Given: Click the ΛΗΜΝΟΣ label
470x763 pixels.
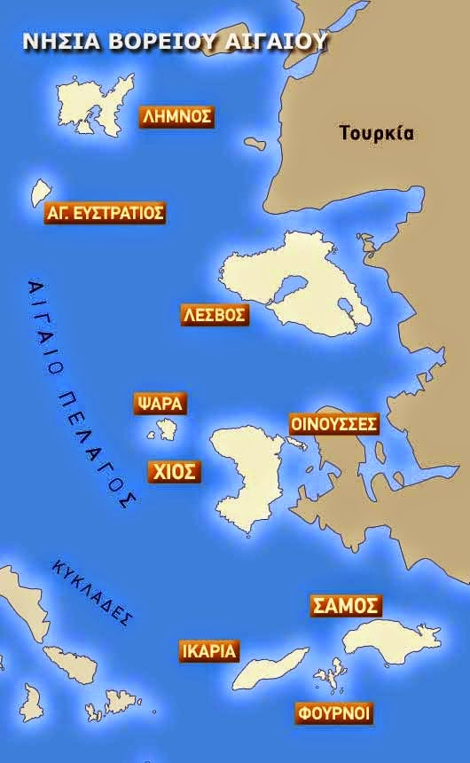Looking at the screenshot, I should [177, 117].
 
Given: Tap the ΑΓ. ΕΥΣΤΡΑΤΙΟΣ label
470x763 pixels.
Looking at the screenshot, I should [105, 213].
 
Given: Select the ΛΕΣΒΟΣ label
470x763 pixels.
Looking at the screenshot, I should [215, 315].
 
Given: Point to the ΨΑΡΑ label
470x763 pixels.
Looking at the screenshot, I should [160, 404].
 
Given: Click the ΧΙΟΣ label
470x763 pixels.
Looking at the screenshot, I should [174, 471].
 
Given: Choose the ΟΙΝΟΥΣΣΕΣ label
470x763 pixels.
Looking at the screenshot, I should [334, 424].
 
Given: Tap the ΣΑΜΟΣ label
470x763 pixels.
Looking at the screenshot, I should [346, 606].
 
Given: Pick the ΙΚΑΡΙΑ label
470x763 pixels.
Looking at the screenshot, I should [208, 651].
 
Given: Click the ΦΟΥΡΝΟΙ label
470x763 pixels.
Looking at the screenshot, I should [333, 713].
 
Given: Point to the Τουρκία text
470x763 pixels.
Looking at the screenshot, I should [377, 134].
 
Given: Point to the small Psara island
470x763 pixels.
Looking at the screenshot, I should [167, 431].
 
